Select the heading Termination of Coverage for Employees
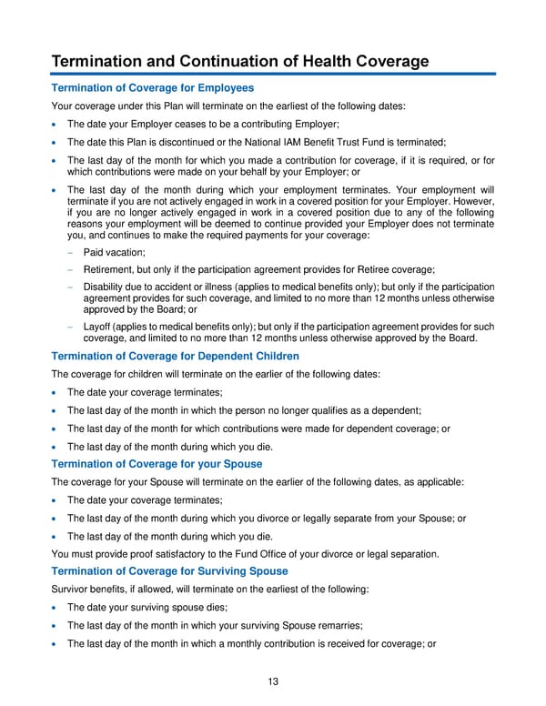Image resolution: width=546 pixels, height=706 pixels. tap(152, 88)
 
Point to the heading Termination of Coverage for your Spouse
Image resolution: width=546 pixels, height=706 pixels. tap(157, 463)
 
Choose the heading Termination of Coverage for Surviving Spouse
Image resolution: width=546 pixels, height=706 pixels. tap(169, 570)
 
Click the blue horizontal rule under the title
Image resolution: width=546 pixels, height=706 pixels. tap(273, 74)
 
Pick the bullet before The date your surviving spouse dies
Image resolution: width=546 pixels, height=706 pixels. tap(56, 608)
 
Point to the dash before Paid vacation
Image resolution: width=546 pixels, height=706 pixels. tap(69, 252)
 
